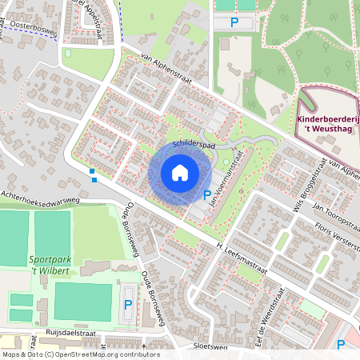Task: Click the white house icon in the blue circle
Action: coord(180,173)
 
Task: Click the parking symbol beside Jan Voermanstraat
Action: coord(207,194)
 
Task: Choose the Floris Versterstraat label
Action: coord(335,232)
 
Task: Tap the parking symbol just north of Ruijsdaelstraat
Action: coord(128,305)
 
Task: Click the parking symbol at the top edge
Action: coord(234,22)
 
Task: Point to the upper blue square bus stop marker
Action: coord(92,171)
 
